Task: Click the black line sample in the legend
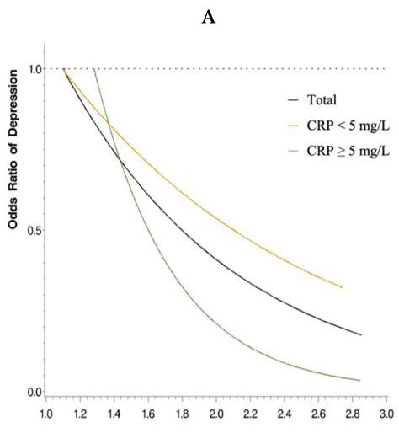(x=293, y=99)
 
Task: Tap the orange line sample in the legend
(x=293, y=126)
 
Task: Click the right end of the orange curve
(x=342, y=287)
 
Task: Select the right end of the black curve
(x=361, y=334)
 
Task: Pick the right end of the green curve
(x=360, y=380)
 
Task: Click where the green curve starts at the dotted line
(x=93, y=69)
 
